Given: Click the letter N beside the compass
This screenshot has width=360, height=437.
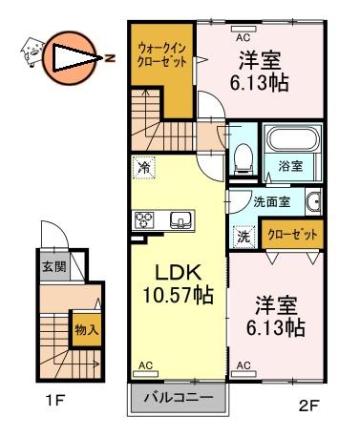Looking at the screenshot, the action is pyautogui.click(x=110, y=58).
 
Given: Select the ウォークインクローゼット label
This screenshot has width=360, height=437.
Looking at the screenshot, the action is pyautogui.click(x=161, y=55).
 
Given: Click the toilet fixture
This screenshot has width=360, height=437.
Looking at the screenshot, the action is pyautogui.click(x=244, y=158).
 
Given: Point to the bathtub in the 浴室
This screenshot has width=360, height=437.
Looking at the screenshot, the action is pyautogui.click(x=292, y=140).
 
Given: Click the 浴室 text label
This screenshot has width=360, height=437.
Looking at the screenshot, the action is pyautogui.click(x=290, y=165).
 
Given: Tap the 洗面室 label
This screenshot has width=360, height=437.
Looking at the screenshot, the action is pyautogui.click(x=271, y=202).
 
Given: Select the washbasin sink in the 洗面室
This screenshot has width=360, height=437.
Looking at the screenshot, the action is pyautogui.click(x=313, y=201).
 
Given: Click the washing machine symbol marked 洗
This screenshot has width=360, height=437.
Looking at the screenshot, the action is pyautogui.click(x=244, y=237).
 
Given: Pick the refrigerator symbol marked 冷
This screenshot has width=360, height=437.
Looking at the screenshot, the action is pyautogui.click(x=145, y=168).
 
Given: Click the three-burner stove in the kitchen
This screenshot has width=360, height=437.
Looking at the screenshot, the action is pyautogui.click(x=144, y=219).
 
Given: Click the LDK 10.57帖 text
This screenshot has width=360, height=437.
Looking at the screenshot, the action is pyautogui.click(x=178, y=283).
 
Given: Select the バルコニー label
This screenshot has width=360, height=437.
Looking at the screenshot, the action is pyautogui.click(x=179, y=398).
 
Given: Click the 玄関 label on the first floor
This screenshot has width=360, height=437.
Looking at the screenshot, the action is pyautogui.click(x=54, y=266).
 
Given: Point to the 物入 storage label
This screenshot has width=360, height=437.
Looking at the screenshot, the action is pyautogui.click(x=87, y=330).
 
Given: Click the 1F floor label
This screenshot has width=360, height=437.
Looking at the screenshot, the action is pyautogui.click(x=55, y=400).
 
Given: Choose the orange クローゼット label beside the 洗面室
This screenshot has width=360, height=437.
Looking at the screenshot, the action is pyautogui.click(x=292, y=235).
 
